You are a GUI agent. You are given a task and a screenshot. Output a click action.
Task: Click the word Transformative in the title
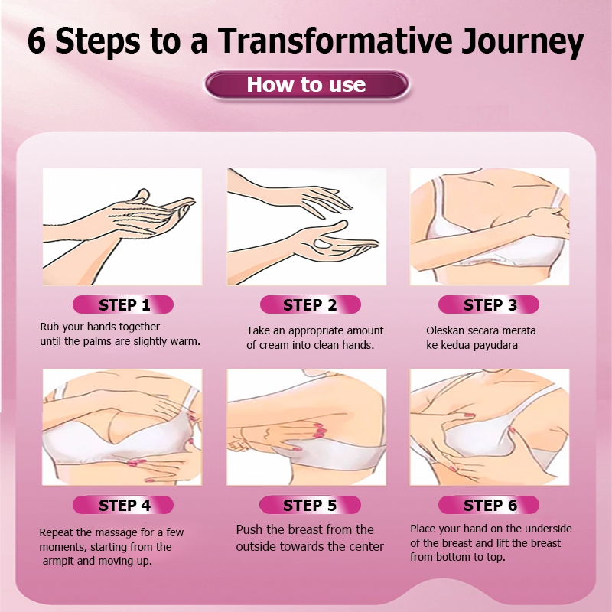pos(334,41)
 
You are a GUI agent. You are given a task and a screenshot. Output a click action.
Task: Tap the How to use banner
pos(307,84)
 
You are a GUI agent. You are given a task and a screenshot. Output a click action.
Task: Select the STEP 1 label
pos(123,304)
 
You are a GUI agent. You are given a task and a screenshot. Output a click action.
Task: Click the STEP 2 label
pos(311,304)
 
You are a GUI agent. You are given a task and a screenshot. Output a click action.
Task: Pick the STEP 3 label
pos(489,304)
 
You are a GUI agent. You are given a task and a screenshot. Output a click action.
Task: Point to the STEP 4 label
pos(123,505)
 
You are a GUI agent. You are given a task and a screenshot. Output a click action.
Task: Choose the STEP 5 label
pos(310,505)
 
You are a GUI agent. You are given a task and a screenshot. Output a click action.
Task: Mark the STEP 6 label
pos(489,505)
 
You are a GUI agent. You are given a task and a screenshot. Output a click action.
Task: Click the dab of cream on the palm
pos(322,244)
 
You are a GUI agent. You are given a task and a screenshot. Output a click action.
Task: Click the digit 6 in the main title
pos(36,41)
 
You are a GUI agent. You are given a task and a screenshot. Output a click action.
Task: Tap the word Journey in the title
pos(522,42)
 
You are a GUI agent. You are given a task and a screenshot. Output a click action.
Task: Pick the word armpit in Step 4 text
pos(59,562)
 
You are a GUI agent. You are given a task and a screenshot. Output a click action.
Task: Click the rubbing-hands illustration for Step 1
pos(122,226)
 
